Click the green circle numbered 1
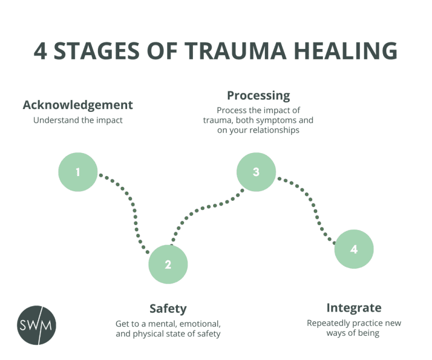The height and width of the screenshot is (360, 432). click(x=78, y=172)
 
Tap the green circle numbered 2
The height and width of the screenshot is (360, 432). click(x=168, y=264)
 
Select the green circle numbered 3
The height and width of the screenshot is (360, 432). click(x=256, y=172)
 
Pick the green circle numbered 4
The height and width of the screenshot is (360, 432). click(x=354, y=249)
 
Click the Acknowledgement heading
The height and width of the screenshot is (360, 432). click(x=78, y=105)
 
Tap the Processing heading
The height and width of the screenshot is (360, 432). click(x=258, y=95)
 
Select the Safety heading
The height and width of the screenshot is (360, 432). click(x=168, y=309)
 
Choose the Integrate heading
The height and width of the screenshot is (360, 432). click(x=354, y=308)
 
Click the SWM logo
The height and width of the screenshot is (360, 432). click(x=37, y=325)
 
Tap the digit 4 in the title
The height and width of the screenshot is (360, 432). click(x=40, y=51)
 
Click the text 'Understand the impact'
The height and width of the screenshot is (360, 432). click(x=78, y=120)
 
